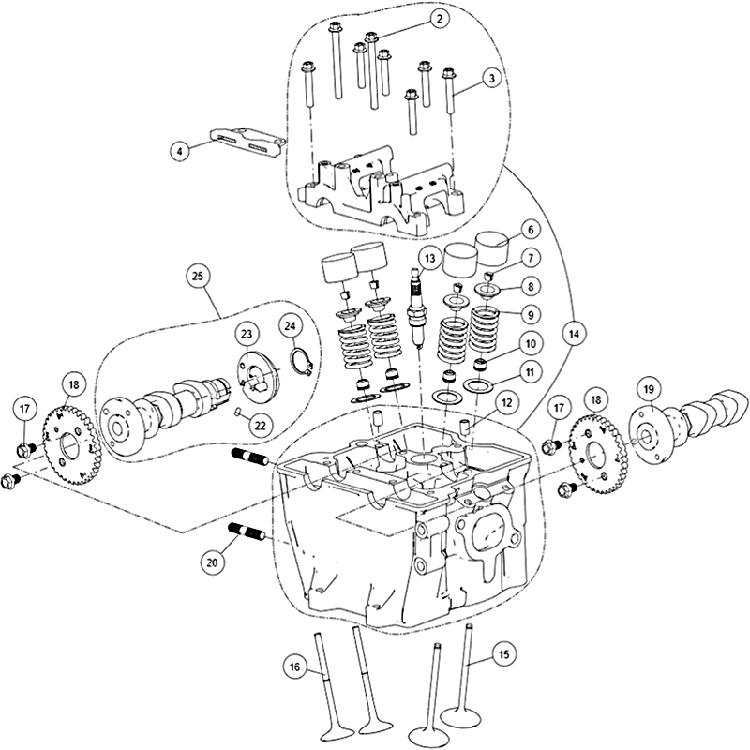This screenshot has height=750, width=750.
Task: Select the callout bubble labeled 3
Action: [492, 80]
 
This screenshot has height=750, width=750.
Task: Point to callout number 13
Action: [429, 257]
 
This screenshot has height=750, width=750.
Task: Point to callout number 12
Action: [506, 403]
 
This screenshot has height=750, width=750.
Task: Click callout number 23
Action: [247, 335]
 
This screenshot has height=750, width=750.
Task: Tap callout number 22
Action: [260, 424]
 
